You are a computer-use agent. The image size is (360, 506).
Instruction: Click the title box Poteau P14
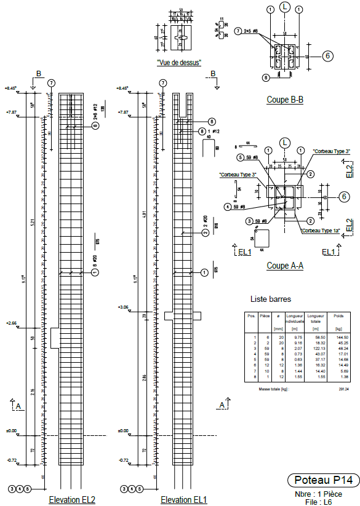(323, 480)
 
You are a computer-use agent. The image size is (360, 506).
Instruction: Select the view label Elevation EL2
(72, 500)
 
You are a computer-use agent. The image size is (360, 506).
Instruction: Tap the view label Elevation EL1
(184, 500)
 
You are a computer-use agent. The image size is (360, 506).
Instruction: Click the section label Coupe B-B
(285, 100)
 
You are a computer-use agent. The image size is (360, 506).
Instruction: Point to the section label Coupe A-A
(285, 266)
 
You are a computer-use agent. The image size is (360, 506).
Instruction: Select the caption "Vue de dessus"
(178, 62)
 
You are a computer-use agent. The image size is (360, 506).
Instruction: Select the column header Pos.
(250, 316)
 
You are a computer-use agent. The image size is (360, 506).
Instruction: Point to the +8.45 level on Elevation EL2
(11, 89)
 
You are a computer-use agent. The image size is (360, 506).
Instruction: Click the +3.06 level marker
(122, 307)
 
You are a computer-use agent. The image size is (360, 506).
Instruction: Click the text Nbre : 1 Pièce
(324, 494)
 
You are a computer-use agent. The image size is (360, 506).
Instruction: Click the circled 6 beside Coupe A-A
(344, 197)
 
